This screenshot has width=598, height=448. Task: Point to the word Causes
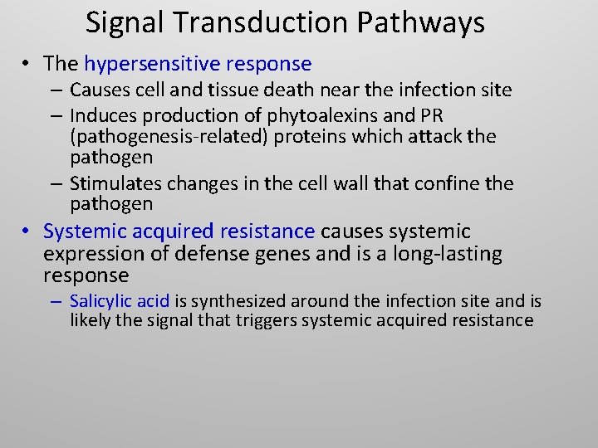99,89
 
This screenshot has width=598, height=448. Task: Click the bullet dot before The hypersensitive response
28,64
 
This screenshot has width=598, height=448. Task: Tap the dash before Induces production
59,114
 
